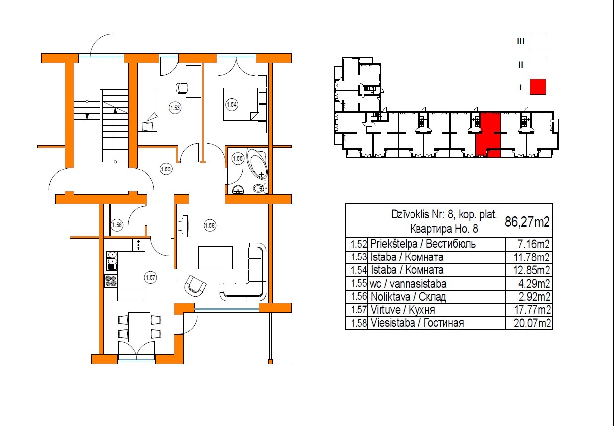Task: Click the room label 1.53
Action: click(x=175, y=108)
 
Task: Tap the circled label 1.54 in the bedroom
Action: click(x=232, y=105)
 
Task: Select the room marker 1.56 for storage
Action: click(x=117, y=225)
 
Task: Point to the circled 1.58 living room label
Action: click(x=210, y=226)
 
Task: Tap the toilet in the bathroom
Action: click(x=260, y=188)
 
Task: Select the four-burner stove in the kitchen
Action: click(x=111, y=281)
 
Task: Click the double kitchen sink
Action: click(x=112, y=260)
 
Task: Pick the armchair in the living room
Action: click(x=195, y=285)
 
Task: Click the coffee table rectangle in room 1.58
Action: click(x=215, y=257)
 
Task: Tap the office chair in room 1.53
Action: click(x=182, y=87)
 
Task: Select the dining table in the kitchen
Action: click(x=139, y=327)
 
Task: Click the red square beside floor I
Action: click(x=538, y=87)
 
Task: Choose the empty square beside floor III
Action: click(x=538, y=41)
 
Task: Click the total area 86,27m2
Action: click(x=527, y=221)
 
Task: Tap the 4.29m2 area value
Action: click(x=534, y=283)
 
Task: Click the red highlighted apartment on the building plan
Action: click(x=488, y=134)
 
